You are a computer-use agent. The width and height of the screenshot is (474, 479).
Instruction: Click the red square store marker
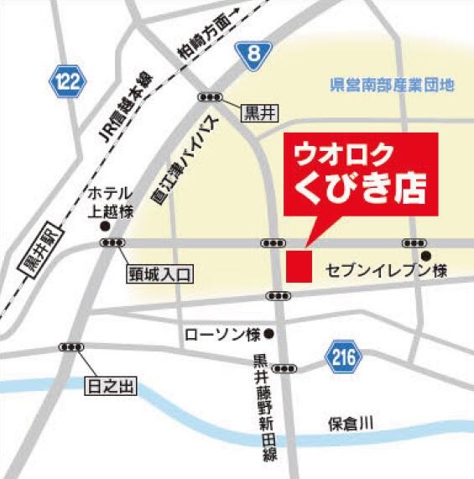point(299,265)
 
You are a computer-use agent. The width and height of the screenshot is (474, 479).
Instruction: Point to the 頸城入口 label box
point(161,273)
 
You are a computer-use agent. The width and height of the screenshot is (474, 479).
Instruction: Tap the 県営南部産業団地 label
point(392,85)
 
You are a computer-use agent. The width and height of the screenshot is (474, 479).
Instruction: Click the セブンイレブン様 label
point(388,271)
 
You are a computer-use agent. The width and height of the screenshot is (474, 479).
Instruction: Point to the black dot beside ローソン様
point(268,334)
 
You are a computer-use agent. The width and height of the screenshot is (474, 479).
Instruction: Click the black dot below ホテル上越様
point(105,226)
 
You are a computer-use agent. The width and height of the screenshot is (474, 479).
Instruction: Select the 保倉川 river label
point(349,424)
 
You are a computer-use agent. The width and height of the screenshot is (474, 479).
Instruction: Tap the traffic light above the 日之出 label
point(70,347)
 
